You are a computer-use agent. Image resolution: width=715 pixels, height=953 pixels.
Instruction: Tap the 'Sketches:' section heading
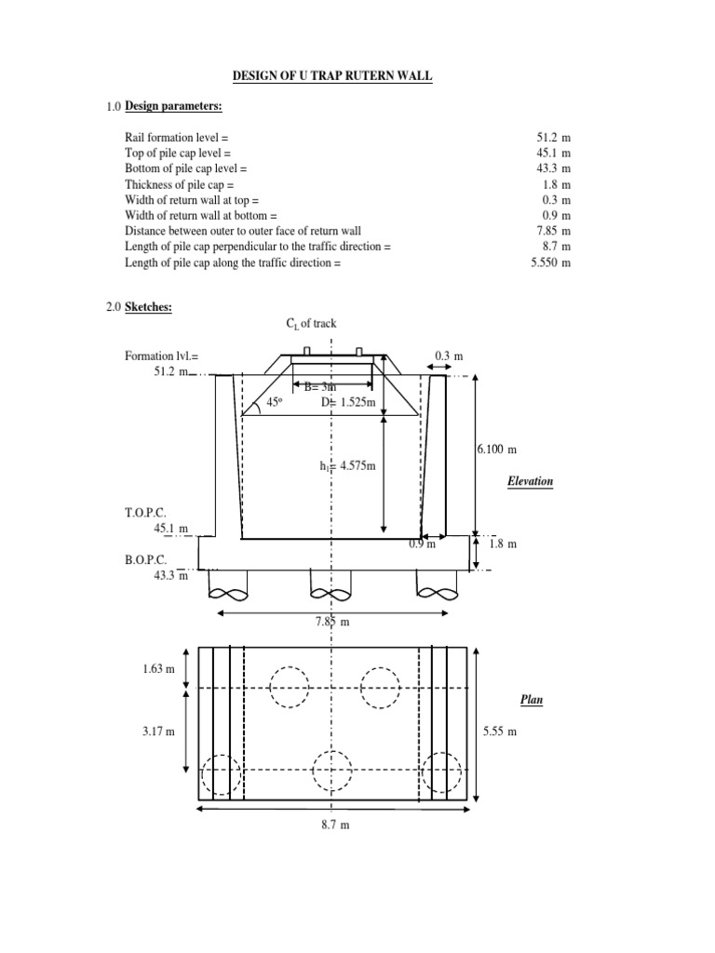point(149,308)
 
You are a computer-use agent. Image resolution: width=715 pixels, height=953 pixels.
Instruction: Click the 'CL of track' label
point(310,324)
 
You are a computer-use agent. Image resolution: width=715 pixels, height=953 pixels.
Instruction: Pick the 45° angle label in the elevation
point(274,402)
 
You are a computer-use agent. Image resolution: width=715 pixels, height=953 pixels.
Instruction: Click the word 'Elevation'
point(531,481)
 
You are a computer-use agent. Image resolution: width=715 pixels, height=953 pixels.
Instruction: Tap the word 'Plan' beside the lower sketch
point(531,699)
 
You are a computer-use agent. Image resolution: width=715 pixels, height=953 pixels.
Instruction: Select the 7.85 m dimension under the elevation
point(331,622)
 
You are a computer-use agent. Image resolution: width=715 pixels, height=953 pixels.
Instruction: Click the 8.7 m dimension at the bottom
point(331,825)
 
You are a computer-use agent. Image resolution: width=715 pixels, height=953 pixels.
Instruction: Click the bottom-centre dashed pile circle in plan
point(332,771)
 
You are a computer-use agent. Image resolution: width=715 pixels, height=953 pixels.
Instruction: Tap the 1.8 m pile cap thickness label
point(504,544)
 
